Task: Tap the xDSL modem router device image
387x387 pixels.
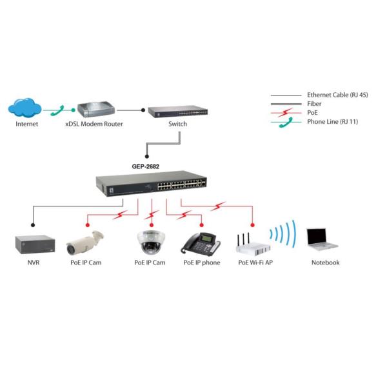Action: pos(94,109)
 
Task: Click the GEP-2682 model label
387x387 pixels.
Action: pos(146,166)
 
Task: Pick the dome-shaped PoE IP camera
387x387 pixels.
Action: pos(150,241)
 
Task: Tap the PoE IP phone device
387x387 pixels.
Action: pos(200,242)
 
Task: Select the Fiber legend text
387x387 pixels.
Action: pos(315,103)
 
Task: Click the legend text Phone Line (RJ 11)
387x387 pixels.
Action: pos(332,121)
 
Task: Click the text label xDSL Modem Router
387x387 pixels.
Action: pos(94,124)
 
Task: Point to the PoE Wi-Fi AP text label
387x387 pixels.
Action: pos(255,263)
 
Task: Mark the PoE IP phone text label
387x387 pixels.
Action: pos(201,263)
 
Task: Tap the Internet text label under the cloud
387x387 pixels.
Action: pos(26,124)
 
